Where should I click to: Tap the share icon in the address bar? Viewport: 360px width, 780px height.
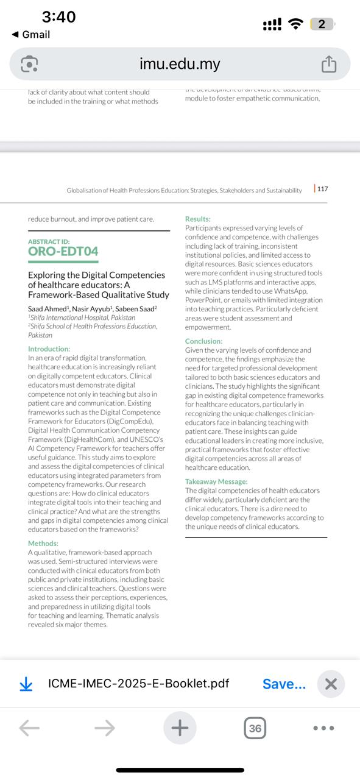pyautogui.click(x=328, y=64)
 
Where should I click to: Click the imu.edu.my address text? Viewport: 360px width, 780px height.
pyautogui.click(x=180, y=64)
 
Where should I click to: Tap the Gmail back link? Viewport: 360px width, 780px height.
pyautogui.click(x=31, y=35)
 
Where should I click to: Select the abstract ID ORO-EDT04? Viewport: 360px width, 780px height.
pyautogui.click(x=63, y=251)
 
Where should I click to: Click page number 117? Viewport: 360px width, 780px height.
pyautogui.click(x=322, y=189)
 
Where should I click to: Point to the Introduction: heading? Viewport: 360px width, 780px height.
pyautogui.click(x=49, y=349)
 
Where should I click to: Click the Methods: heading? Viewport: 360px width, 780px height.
pyautogui.click(x=43, y=544)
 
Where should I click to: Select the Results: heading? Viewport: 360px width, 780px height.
pyautogui.click(x=198, y=219)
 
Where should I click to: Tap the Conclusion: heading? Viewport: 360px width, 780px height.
pyautogui.click(x=204, y=342)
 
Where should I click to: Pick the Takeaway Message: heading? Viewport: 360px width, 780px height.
pyautogui.click(x=216, y=482)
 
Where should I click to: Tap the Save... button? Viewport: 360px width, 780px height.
pyautogui.click(x=284, y=684)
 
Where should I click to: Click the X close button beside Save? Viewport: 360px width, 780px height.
pyautogui.click(x=331, y=684)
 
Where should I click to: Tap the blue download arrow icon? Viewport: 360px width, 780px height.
pyautogui.click(x=26, y=684)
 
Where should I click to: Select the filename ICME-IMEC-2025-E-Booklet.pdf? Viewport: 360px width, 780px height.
pyautogui.click(x=138, y=684)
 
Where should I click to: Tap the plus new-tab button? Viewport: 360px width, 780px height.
pyautogui.click(x=180, y=728)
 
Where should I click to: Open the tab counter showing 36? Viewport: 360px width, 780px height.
pyautogui.click(x=255, y=728)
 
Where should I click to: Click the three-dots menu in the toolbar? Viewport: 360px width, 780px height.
pyautogui.click(x=323, y=728)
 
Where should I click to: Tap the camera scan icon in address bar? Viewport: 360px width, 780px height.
pyautogui.click(x=29, y=64)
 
